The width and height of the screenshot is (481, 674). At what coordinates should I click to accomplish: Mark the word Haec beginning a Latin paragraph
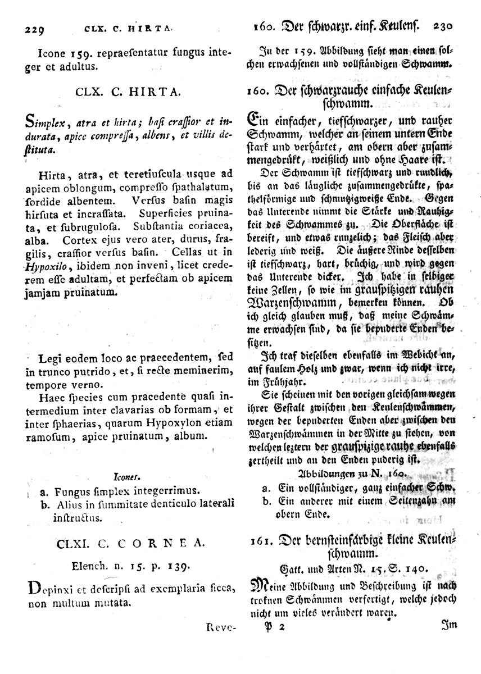(53, 398)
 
